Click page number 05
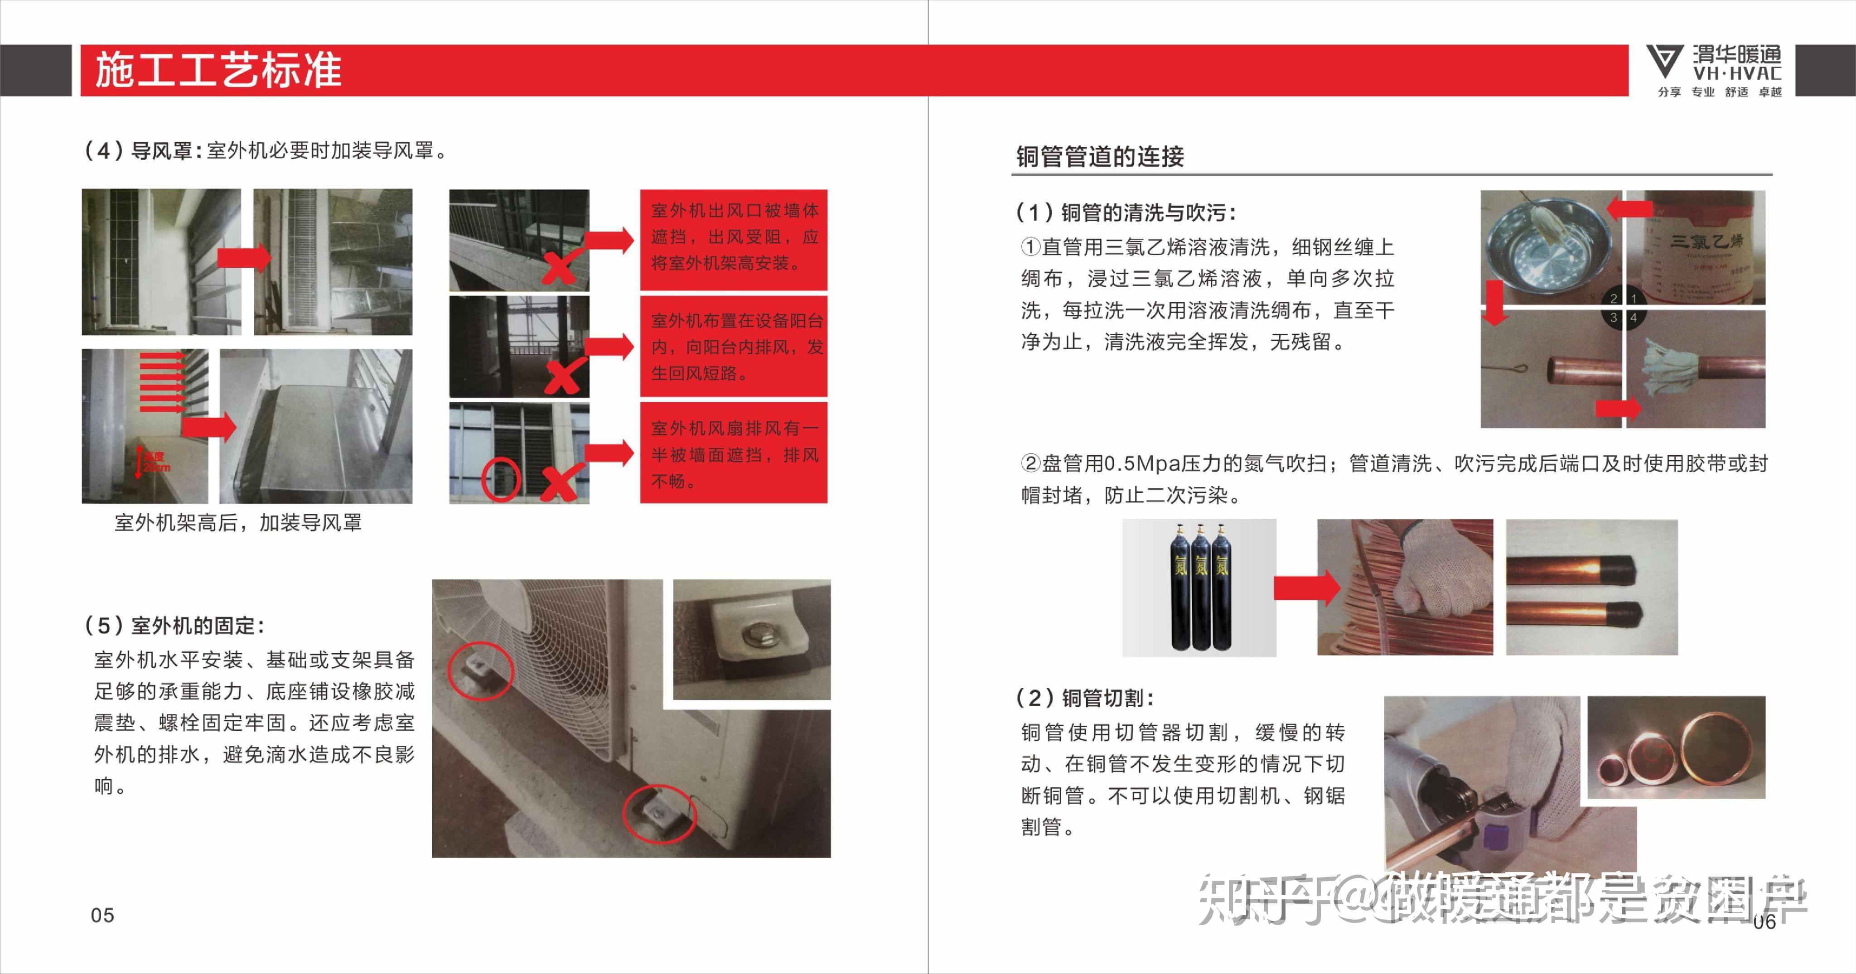point(102,915)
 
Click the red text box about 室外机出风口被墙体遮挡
point(734,238)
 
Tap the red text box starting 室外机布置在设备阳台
point(734,347)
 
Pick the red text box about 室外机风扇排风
point(734,454)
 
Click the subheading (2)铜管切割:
point(1085,697)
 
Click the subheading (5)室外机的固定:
point(175,625)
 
